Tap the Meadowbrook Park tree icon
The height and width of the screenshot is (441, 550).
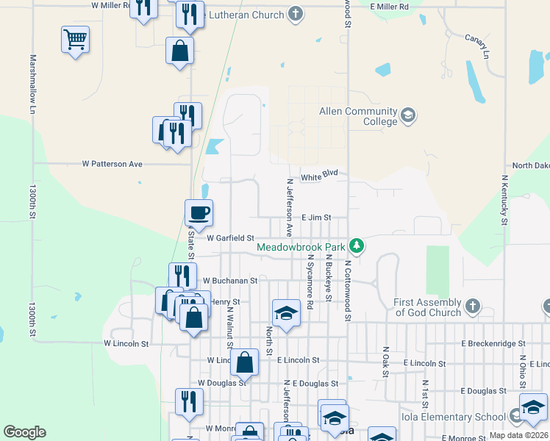coord(357,245)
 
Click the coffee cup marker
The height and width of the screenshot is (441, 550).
coord(199,213)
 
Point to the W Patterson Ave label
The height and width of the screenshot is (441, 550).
coord(113,164)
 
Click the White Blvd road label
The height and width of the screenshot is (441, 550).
coord(319,176)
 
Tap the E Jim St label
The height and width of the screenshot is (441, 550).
coord(317,218)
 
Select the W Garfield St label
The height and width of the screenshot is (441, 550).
coord(230,238)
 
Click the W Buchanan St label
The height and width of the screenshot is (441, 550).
coord(230,280)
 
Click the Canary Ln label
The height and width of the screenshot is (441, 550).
coord(477,46)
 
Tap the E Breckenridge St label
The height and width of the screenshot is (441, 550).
coord(493,343)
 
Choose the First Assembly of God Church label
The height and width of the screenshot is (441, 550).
coord(427,307)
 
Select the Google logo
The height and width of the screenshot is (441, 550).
coord(24,432)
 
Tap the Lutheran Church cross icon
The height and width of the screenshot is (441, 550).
coord(295,15)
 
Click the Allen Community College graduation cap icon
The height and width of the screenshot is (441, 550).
coord(407,116)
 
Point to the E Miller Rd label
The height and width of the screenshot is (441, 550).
coord(390,6)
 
